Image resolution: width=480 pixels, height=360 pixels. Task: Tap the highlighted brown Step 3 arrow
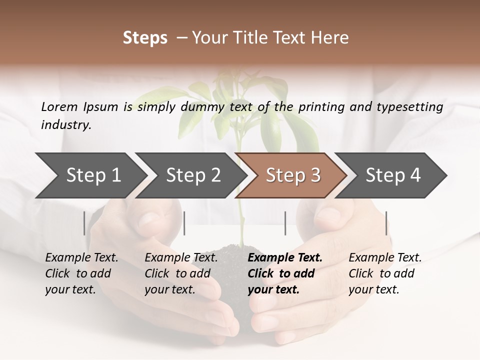293,175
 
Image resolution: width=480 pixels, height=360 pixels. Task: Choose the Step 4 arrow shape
393,175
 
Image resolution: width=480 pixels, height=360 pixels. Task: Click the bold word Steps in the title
145,38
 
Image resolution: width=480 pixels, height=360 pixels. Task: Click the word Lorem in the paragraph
58,106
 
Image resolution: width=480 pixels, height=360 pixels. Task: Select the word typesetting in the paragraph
408,107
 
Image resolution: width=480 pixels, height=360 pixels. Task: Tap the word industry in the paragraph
65,124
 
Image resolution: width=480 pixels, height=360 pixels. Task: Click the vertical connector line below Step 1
84,223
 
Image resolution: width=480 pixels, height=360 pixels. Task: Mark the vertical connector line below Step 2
184,223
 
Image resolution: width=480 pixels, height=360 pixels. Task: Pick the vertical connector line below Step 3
285,223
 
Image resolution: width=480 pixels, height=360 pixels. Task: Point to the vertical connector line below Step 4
386,223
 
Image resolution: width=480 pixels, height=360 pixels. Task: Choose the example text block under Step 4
385,273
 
